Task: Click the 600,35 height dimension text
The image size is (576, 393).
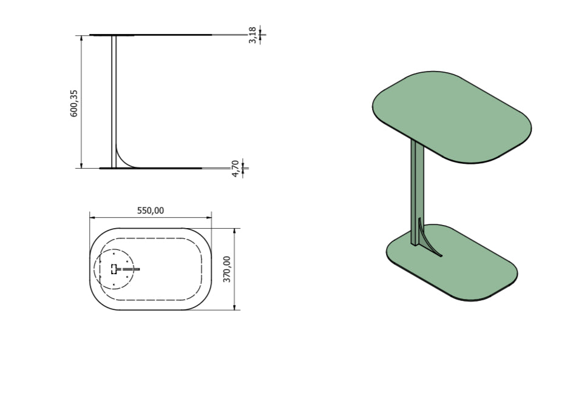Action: coord(75,102)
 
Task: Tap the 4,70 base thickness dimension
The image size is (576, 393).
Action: coord(235,169)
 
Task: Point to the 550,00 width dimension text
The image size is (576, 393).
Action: coord(150,210)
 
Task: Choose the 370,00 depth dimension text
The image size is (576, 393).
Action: coord(227,269)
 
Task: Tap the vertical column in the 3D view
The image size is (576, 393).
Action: coord(417,188)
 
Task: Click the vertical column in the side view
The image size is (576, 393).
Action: coord(114,97)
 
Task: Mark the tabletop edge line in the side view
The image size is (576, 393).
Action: coord(152,35)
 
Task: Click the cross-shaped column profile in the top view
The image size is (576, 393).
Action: coord(114,269)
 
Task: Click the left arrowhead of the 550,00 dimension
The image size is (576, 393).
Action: coord(92,217)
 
